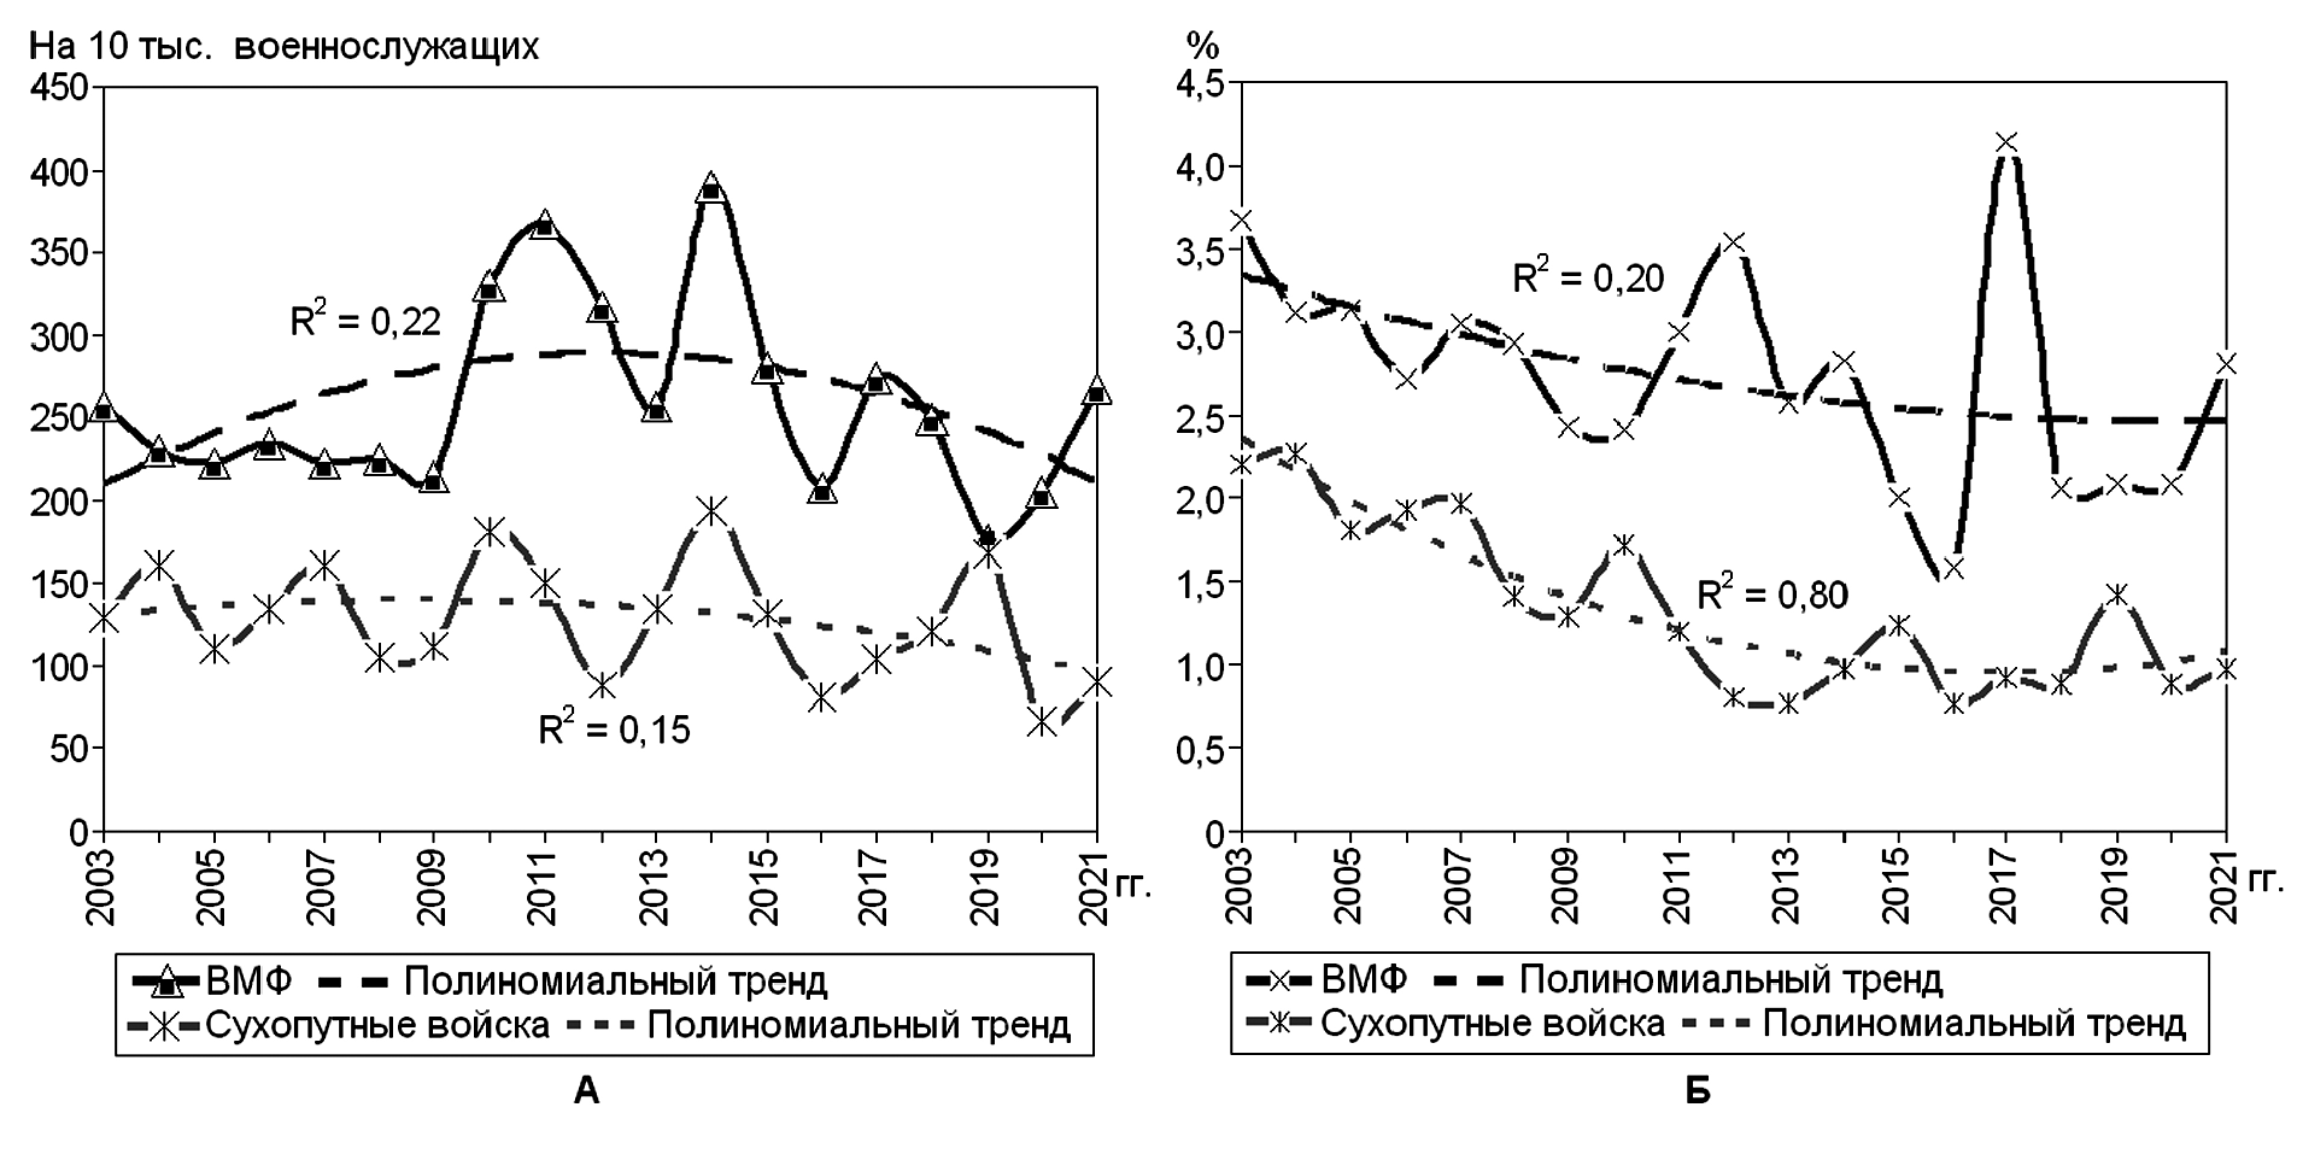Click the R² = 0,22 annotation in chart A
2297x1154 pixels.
pyautogui.click(x=365, y=320)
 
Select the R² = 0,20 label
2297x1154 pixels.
pyautogui.click(x=1588, y=277)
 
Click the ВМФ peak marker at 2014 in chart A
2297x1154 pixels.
pyautogui.click(x=711, y=189)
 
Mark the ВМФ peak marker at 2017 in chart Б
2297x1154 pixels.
pyautogui.click(x=2006, y=143)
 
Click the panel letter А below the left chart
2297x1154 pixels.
pyautogui.click(x=586, y=1091)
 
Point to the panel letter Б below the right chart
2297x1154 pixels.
pyautogui.click(x=1698, y=1091)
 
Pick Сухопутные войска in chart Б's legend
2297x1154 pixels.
pyautogui.click(x=1492, y=1024)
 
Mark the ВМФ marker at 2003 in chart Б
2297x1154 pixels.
pyautogui.click(x=1240, y=220)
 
